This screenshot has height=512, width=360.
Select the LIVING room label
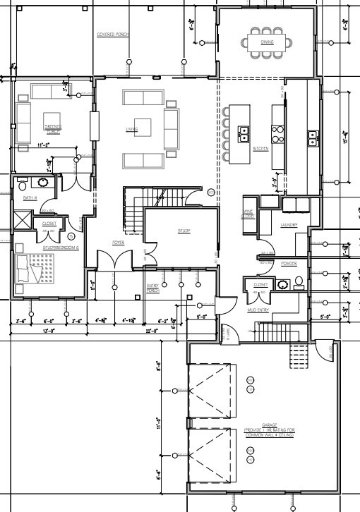(x=131, y=129)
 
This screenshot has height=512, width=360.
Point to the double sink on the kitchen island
(x=244, y=134)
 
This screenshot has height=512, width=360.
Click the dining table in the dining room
(x=267, y=42)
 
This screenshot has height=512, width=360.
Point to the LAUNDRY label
(x=289, y=226)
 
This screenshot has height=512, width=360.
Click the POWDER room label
(x=288, y=263)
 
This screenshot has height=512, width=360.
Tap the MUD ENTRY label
(x=258, y=310)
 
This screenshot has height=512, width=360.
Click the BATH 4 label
(x=29, y=199)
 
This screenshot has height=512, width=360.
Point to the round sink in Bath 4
(x=43, y=183)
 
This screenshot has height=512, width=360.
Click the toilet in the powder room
(x=299, y=282)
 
